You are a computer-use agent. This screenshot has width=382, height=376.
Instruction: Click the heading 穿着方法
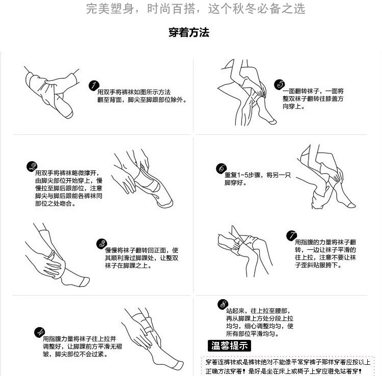click(x=189, y=33)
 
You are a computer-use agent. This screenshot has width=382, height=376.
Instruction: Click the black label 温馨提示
click(x=230, y=346)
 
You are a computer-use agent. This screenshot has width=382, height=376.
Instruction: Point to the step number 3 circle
click(x=101, y=244)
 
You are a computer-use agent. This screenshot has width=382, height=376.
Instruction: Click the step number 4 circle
click(x=39, y=333)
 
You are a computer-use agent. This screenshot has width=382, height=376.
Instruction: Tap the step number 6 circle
click(x=222, y=169)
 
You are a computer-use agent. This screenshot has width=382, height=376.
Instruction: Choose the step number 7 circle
click(x=291, y=235)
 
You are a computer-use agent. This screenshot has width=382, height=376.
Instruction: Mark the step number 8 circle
click(x=223, y=304)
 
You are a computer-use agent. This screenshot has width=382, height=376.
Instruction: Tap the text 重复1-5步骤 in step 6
click(x=243, y=175)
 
